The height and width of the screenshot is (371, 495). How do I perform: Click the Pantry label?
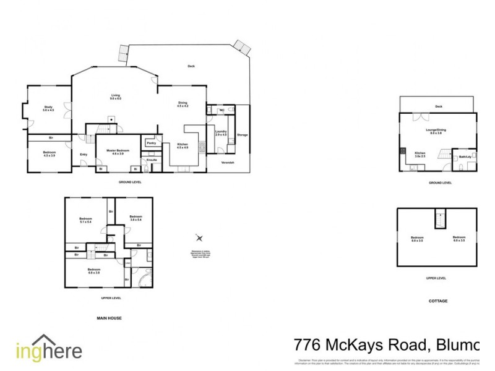[150, 143]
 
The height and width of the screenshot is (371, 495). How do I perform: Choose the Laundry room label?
[221, 133]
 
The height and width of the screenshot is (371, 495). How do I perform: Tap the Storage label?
[243, 135]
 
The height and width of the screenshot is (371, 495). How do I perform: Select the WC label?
[222, 110]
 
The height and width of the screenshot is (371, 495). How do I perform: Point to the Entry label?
[84, 155]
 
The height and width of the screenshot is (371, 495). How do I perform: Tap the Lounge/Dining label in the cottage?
[436, 130]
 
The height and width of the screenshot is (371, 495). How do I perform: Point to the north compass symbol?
[199, 238]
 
